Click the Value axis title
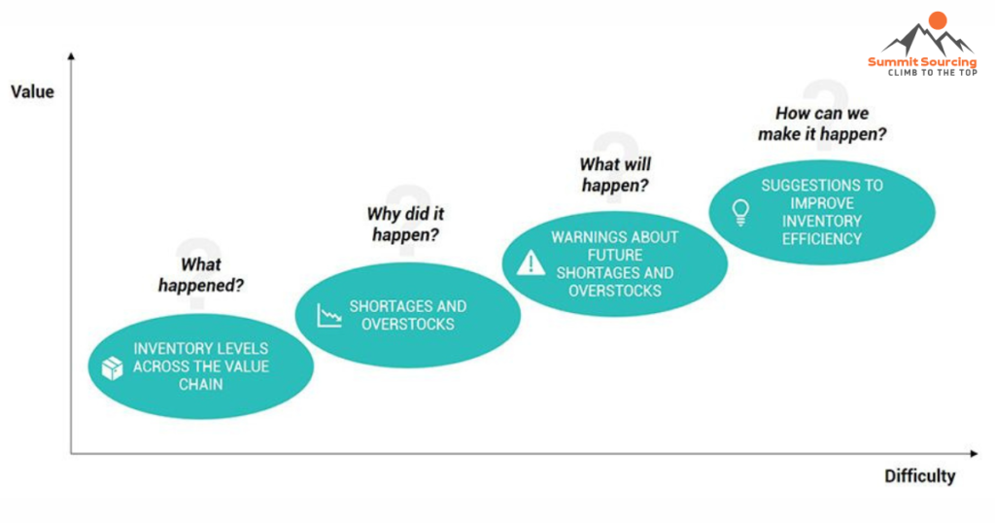pos(32,92)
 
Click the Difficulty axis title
pos(919,476)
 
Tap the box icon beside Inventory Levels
pos(113,367)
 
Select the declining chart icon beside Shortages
pos(329,315)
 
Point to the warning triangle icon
pos(531,262)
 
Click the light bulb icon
pos(740,212)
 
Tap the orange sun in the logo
pos(938,20)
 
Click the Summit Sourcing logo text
pos(922,61)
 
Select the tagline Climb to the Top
pos(932,73)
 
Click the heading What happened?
pos(201,275)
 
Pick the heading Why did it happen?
pos(405,224)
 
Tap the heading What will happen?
pos(615,175)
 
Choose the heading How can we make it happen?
pos(822,123)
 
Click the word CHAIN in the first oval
pos(200,385)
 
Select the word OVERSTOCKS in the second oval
pos(408,325)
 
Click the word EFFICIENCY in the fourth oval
pos(822,239)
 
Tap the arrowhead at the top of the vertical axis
pos(71,56)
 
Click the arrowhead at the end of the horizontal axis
pos(974,453)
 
